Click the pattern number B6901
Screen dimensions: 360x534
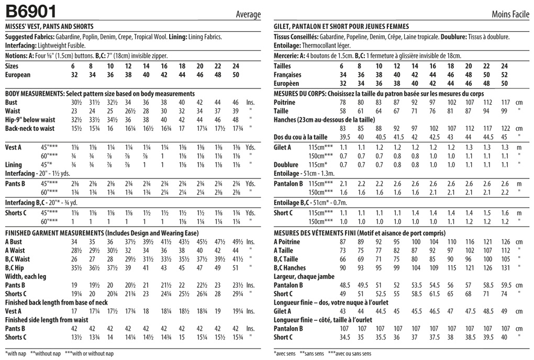[31, 11]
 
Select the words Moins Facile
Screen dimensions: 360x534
[510, 14]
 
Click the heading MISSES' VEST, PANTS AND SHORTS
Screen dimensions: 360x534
[49, 27]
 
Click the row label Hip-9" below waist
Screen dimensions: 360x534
[30, 120]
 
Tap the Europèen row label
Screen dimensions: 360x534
[286, 83]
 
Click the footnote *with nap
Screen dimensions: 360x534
[15, 354]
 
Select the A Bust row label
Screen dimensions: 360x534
[14, 242]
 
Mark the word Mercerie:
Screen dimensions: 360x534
[286, 55]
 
